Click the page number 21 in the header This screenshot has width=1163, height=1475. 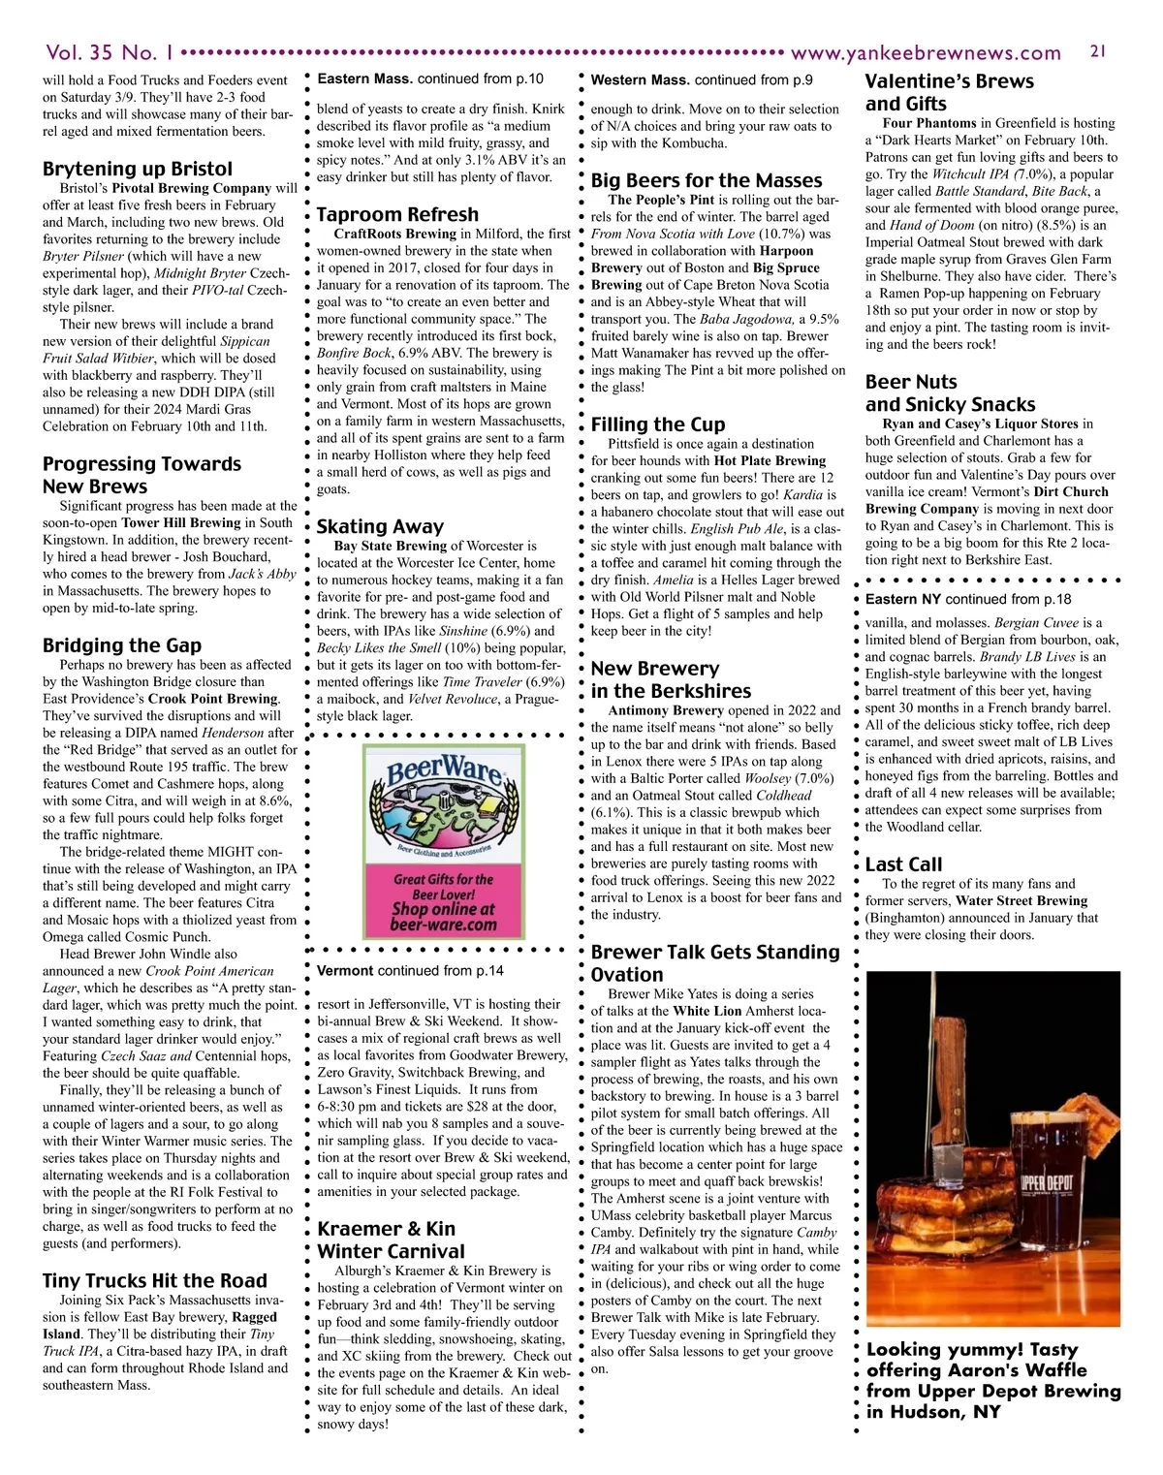(x=1098, y=50)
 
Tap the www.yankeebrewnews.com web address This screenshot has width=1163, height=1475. (x=926, y=52)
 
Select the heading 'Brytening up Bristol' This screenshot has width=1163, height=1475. (x=138, y=169)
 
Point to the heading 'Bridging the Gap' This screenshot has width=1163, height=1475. (x=122, y=645)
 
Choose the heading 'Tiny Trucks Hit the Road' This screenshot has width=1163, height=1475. (x=154, y=1280)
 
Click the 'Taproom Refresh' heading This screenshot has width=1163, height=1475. (x=397, y=214)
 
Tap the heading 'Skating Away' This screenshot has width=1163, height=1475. (x=380, y=526)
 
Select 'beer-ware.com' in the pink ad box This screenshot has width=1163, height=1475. (x=443, y=925)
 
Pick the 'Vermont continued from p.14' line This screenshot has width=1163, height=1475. (x=410, y=970)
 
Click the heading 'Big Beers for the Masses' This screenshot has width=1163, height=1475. (x=707, y=180)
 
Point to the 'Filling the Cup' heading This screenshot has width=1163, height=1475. (x=658, y=424)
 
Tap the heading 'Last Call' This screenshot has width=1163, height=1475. (x=903, y=864)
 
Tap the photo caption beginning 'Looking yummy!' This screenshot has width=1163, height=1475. (x=992, y=1380)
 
